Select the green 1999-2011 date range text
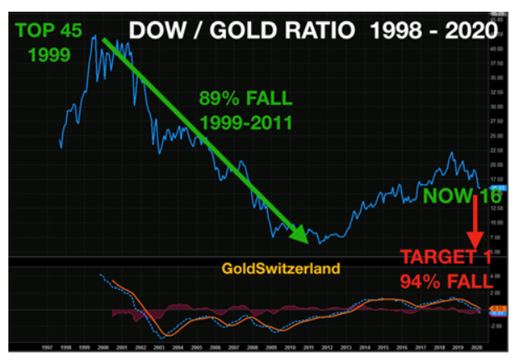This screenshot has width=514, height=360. (245, 123)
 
